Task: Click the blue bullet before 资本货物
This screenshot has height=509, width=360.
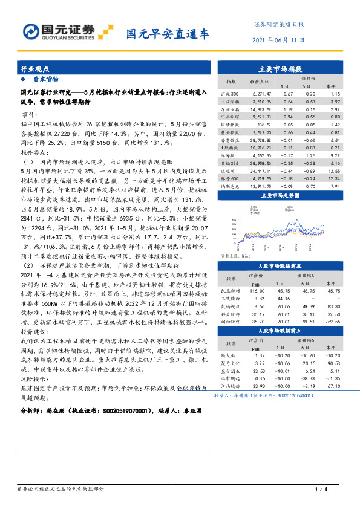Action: coord(23,79)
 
